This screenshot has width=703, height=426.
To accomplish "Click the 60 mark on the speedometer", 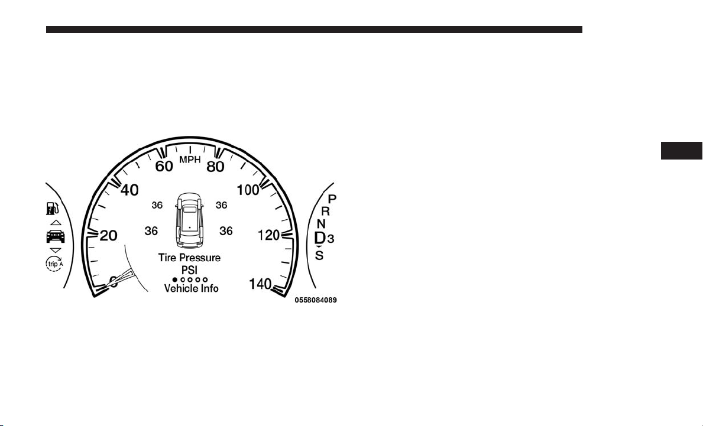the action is [164, 166].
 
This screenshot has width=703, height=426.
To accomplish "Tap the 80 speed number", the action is [215, 166].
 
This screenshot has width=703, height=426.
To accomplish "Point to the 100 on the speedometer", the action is [248, 190].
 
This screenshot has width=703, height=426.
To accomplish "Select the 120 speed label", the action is [269, 235].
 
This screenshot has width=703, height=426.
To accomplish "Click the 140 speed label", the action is [261, 284].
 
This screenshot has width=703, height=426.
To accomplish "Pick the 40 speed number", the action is [129, 190].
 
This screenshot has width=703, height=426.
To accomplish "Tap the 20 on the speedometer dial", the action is [108, 235].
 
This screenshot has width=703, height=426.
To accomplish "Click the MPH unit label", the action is [190, 160].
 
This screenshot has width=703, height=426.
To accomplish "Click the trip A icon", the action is [54, 264].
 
